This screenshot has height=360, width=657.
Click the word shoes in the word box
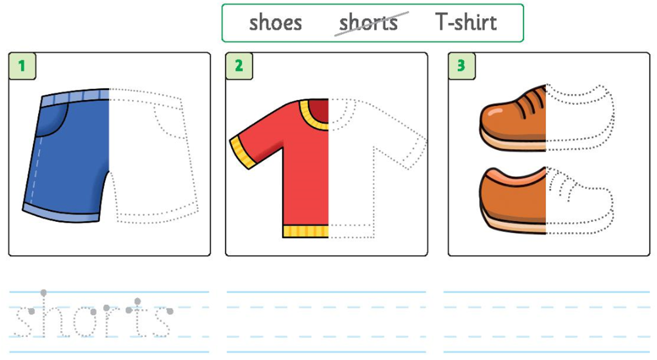[275, 23]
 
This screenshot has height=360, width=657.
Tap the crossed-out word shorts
[369, 23]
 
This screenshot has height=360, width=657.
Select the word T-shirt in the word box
[466, 22]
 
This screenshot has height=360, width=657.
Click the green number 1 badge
[22, 66]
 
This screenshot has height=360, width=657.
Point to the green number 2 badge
[239, 66]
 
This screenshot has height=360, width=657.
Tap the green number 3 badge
[462, 66]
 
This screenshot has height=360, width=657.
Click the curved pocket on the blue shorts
[52, 120]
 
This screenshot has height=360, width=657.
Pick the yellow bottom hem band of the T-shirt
[306, 231]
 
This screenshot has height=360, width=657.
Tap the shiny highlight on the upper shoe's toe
[495, 112]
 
